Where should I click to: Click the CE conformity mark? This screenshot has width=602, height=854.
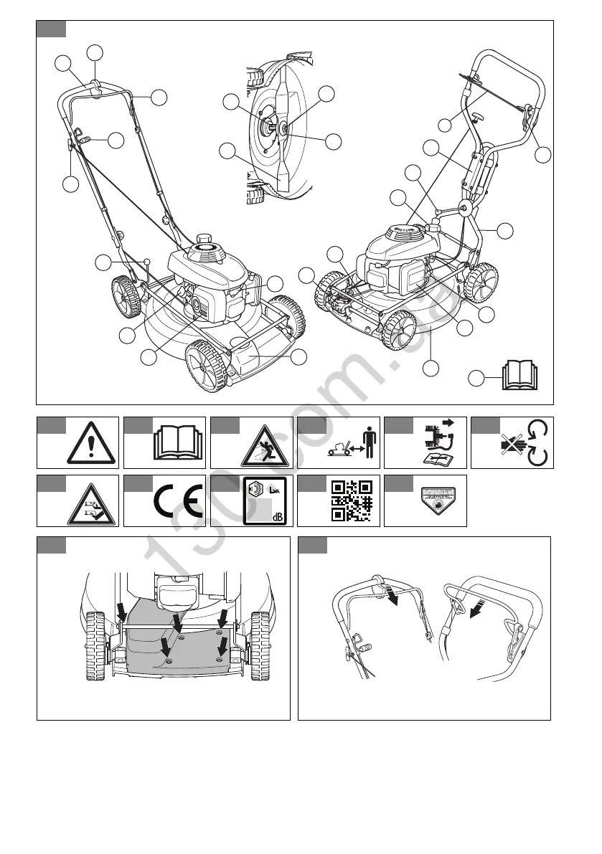(177, 501)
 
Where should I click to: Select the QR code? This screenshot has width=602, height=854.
(351, 500)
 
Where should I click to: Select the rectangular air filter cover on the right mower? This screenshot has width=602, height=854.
(415, 275)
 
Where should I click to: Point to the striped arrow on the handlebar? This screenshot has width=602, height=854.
(474, 608)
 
